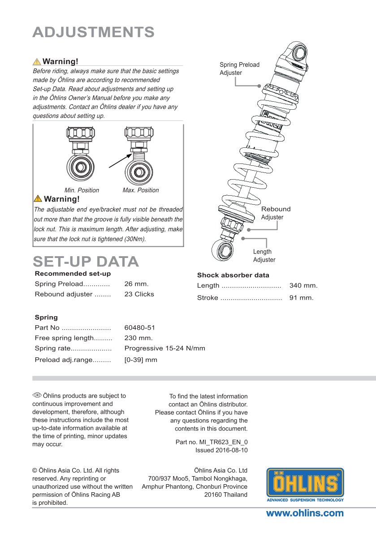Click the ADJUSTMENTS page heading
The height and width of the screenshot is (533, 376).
(x=94, y=32)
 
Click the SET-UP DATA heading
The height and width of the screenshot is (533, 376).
(x=86, y=262)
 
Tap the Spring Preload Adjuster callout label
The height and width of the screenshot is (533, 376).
(x=239, y=69)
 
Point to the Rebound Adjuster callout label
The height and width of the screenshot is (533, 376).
(x=276, y=213)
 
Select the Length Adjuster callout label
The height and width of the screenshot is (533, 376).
(x=264, y=256)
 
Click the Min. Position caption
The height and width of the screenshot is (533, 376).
(x=82, y=190)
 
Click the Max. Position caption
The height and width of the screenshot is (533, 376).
(x=141, y=190)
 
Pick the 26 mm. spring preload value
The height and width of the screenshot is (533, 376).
(x=136, y=284)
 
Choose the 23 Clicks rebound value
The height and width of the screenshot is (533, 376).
(x=139, y=294)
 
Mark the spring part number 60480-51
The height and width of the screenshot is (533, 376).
(x=139, y=328)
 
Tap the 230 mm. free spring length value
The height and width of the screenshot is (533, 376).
(x=138, y=338)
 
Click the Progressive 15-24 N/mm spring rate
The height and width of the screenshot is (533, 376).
(x=164, y=348)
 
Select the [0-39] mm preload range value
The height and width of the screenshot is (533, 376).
(x=141, y=360)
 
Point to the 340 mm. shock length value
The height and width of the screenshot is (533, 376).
(x=303, y=286)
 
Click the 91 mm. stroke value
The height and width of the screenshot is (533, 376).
(x=302, y=298)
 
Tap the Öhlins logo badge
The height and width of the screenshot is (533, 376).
(x=305, y=485)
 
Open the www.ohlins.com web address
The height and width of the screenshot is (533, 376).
(x=305, y=513)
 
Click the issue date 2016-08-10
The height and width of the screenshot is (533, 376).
(x=231, y=450)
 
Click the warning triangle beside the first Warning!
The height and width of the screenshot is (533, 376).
(x=37, y=62)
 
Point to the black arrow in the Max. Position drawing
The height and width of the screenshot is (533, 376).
(x=120, y=161)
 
